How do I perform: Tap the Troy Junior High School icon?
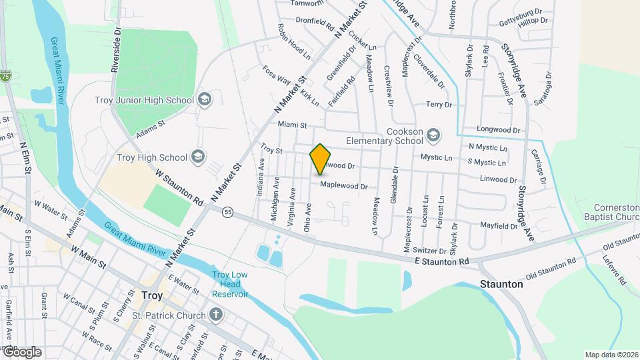(204, 100)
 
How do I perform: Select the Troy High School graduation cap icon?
(198, 157)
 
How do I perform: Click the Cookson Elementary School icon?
(434, 135)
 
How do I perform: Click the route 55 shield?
(228, 211)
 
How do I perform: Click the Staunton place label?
(501, 284)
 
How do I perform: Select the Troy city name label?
(152, 294)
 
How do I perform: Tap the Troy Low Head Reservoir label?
(230, 285)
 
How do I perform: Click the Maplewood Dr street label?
(343, 186)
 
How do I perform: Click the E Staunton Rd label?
(441, 261)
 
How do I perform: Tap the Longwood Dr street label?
(498, 129)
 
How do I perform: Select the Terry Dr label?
(439, 105)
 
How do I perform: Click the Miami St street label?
(292, 125)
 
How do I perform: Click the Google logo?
(21, 351)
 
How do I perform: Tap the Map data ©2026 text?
(611, 354)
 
